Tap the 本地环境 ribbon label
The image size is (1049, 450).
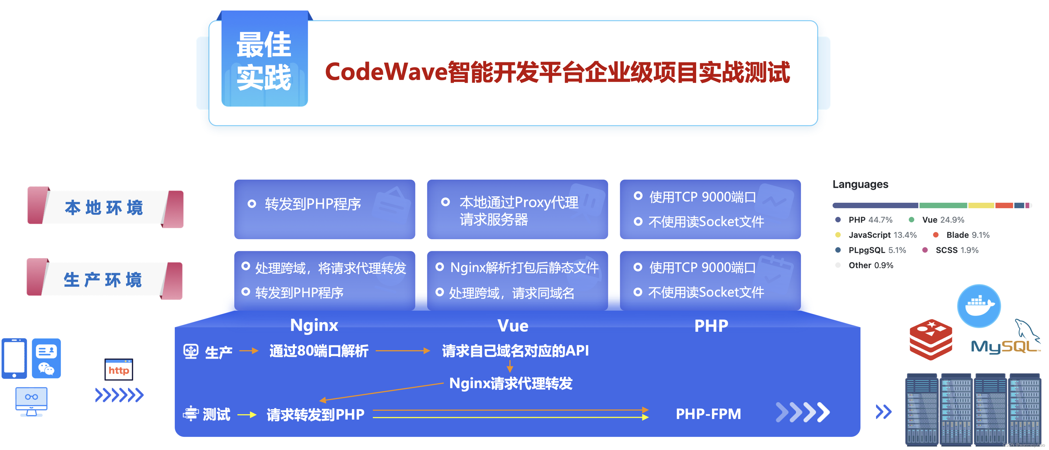click(x=104, y=208)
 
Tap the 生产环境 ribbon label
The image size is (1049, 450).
click(x=103, y=280)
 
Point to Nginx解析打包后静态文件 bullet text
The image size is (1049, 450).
click(x=524, y=268)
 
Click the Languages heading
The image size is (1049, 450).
click(x=860, y=185)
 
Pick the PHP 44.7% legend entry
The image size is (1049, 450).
click(x=870, y=220)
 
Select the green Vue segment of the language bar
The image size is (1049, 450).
click(x=943, y=205)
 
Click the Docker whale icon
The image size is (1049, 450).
click(x=979, y=305)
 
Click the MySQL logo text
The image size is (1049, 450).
click(x=1004, y=347)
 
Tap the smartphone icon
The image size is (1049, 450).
click(x=14, y=358)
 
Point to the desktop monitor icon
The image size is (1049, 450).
click(x=31, y=400)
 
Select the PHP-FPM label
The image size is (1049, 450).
click(x=708, y=414)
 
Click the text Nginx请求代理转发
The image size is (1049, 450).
click(x=511, y=383)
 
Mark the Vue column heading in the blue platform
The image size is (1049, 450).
click(x=513, y=326)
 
